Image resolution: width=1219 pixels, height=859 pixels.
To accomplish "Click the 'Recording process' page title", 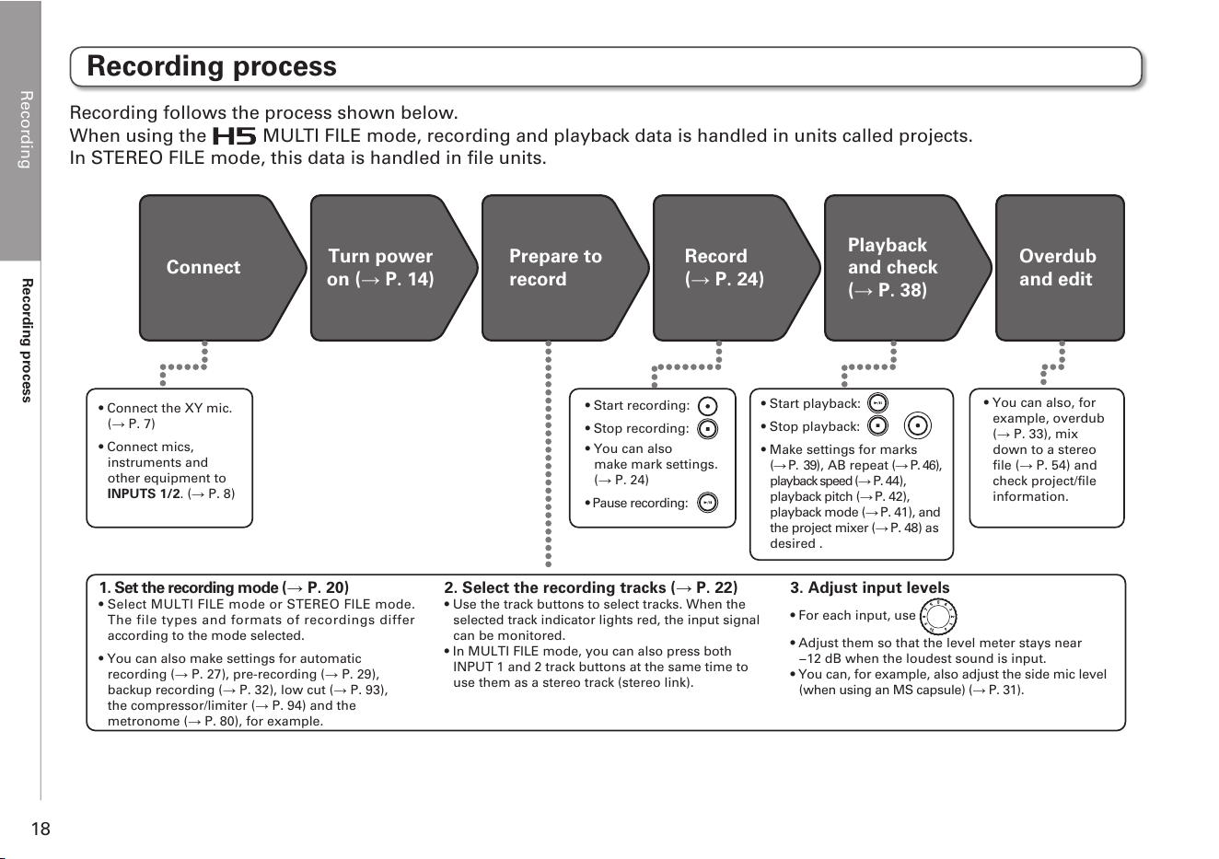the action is click(x=212, y=66).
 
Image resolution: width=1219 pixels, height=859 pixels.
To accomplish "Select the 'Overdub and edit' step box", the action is click(x=1060, y=268).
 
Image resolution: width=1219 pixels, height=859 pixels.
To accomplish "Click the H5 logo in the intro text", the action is click(x=234, y=136).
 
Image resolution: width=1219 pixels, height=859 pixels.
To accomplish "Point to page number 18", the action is click(x=41, y=829).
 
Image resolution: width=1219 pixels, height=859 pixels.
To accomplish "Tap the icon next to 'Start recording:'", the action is click(x=707, y=406).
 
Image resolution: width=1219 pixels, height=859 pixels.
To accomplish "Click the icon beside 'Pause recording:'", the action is click(x=707, y=503).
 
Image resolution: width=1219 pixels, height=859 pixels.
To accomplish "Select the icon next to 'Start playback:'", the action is click(x=877, y=403).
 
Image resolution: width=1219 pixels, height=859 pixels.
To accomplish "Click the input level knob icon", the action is click(x=938, y=617).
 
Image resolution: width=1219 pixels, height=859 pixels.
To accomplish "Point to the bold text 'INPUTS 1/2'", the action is click(x=144, y=493).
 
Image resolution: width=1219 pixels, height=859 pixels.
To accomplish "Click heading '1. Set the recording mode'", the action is click(x=224, y=588).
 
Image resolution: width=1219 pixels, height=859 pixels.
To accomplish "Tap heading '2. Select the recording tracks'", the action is click(x=590, y=588).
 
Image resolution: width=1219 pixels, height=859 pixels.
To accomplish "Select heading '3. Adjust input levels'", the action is click(x=870, y=588).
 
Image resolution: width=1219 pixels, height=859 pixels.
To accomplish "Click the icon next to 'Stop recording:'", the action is click(x=707, y=429).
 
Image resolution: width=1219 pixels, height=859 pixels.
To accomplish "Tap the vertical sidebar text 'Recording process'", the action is click(x=27, y=341).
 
